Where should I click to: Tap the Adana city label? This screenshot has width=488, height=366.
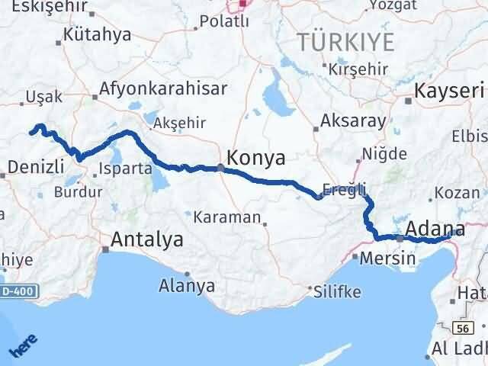pyautogui.click(x=435, y=228)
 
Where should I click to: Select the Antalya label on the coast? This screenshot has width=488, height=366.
pyautogui.click(x=147, y=239)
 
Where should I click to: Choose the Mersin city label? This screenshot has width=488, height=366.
pyautogui.click(x=388, y=258)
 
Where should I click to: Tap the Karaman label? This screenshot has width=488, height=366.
pyautogui.click(x=226, y=217)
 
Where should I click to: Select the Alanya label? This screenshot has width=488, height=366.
pyautogui.click(x=186, y=286)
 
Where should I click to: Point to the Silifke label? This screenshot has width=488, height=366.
pyautogui.click(x=335, y=291)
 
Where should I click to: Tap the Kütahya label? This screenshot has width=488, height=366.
pyautogui.click(x=98, y=34)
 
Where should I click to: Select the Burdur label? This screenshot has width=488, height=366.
pyautogui.click(x=82, y=192)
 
